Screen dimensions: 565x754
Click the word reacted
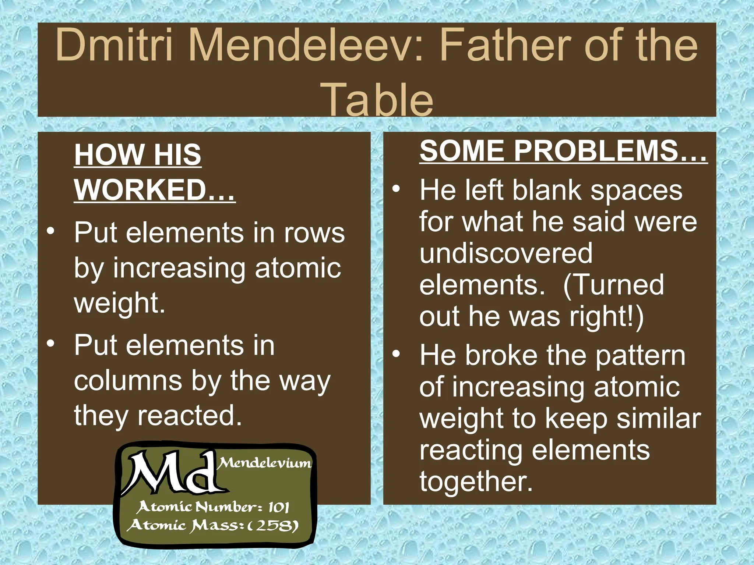point(190,415)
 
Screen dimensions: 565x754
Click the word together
point(476,482)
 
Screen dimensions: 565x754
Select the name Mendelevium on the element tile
point(265,463)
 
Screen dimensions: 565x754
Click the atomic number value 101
point(278,508)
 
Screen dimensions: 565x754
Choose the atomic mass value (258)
point(272,525)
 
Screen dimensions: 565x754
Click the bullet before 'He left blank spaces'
point(396,189)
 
